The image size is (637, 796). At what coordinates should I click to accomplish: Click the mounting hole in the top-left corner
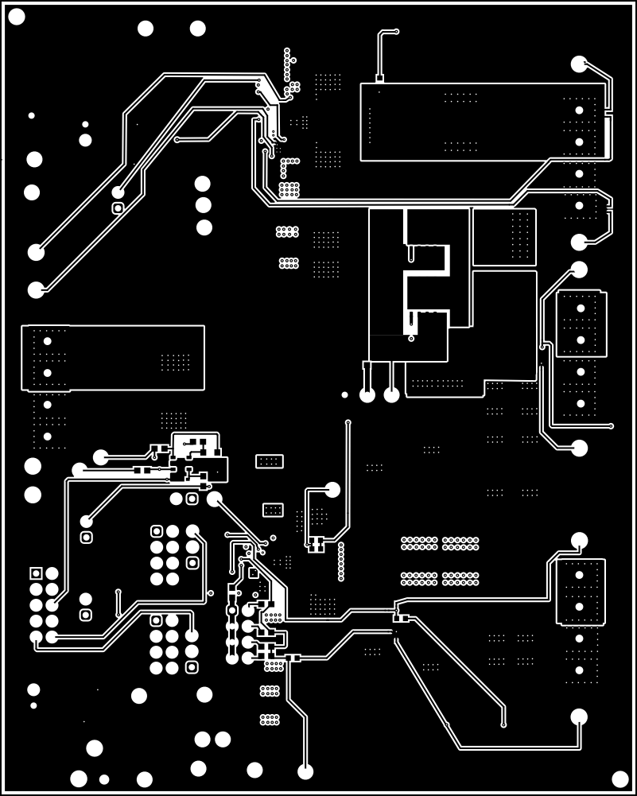click(17, 17)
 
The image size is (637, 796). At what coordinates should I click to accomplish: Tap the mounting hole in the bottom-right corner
click(620, 779)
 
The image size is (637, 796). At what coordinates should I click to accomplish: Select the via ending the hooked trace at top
click(396, 31)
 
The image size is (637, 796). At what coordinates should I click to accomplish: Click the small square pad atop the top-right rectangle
click(380, 78)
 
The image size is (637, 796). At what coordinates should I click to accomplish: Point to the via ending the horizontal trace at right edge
click(611, 426)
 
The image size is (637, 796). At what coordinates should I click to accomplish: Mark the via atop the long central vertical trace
click(348, 422)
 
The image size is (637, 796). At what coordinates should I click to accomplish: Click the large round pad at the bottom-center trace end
click(305, 771)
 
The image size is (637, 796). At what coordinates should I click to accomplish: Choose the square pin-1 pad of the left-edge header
click(36, 573)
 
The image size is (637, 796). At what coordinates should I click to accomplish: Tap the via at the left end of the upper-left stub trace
click(177, 140)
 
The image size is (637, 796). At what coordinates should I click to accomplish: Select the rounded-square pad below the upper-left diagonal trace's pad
click(118, 208)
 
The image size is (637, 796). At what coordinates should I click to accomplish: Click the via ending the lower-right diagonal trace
click(503, 724)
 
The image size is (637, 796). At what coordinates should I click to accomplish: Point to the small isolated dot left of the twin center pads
click(344, 394)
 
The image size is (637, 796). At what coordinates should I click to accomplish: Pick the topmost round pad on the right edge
click(579, 64)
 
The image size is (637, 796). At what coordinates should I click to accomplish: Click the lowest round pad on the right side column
click(579, 716)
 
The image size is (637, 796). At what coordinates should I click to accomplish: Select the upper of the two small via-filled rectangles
click(270, 461)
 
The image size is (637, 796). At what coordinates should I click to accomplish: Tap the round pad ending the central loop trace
click(332, 490)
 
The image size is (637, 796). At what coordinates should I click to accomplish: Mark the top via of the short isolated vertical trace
click(118, 592)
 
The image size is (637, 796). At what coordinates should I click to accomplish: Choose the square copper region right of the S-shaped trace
click(504, 237)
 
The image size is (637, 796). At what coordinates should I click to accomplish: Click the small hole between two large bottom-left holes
click(104, 779)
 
